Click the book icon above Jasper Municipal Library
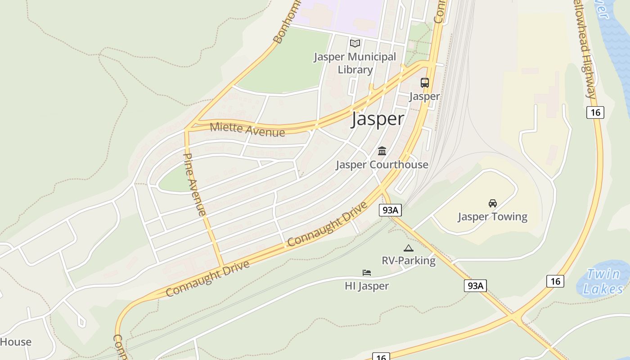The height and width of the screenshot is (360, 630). [x=355, y=43]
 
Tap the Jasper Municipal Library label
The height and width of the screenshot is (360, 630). [x=355, y=63]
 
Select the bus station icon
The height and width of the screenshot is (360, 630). [x=424, y=83]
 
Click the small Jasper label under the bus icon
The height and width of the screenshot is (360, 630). [x=424, y=96]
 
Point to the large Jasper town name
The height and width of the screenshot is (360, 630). [x=378, y=119]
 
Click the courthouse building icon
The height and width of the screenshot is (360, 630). [x=382, y=151]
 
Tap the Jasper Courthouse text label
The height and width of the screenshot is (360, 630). [x=382, y=164]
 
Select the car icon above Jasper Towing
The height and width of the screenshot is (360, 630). [x=493, y=203]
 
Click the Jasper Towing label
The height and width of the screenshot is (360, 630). [x=492, y=216]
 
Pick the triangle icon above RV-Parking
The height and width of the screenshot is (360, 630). [x=408, y=248]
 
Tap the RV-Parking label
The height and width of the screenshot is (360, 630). [x=409, y=261]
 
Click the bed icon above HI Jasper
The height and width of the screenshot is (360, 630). [x=367, y=273]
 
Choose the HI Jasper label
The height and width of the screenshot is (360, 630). [x=367, y=286]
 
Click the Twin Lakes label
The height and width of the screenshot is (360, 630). [x=603, y=281]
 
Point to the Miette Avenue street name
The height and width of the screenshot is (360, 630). [x=247, y=129]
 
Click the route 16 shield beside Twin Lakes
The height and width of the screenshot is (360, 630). [x=555, y=281]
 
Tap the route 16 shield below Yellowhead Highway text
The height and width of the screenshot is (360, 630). [x=595, y=112]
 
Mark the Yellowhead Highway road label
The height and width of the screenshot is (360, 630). [x=585, y=49]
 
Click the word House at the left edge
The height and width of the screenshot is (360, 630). [x=16, y=342]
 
